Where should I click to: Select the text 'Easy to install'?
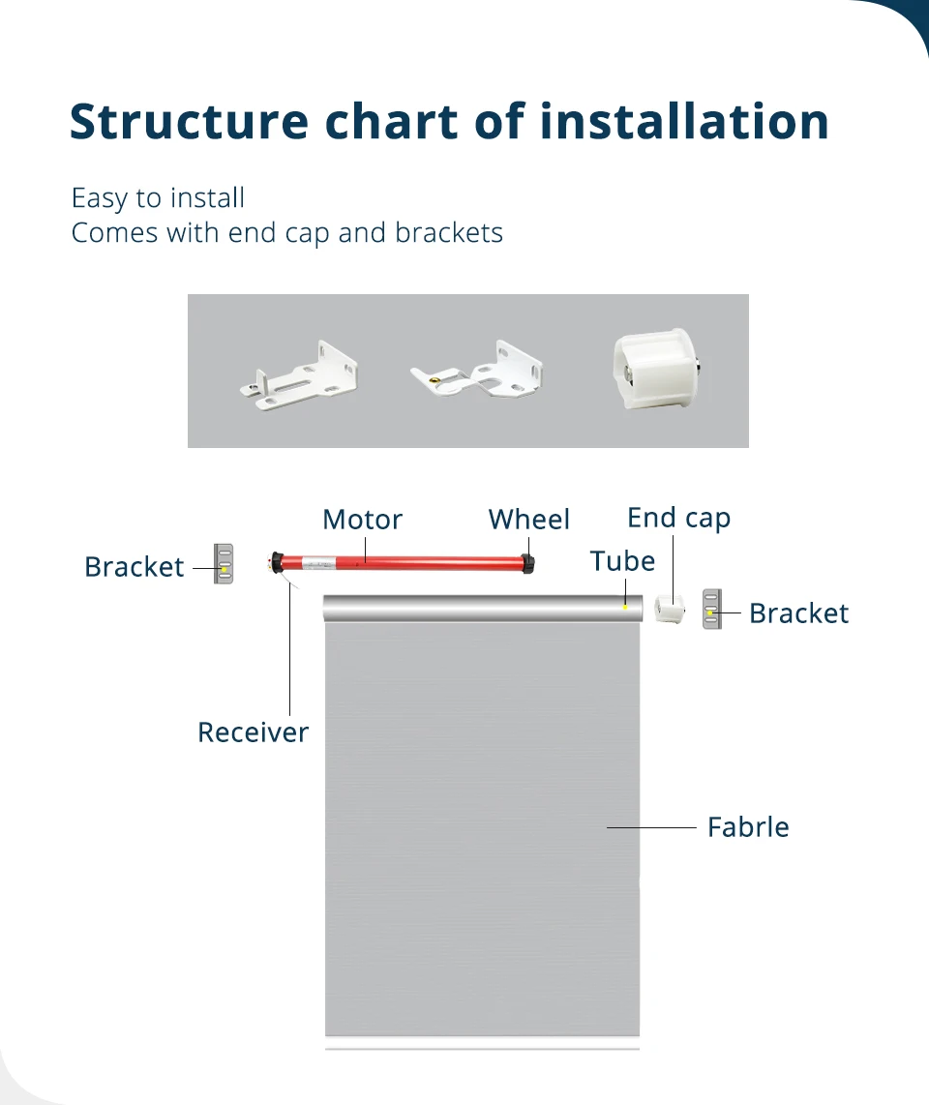[158, 198]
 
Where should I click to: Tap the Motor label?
[362, 520]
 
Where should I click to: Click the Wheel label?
[529, 520]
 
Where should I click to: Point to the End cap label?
[678, 518]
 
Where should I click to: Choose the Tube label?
[622, 561]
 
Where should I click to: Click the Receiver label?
[253, 732]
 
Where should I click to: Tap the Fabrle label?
[748, 827]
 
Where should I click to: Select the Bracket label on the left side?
[134, 567]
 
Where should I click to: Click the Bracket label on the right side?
[798, 613]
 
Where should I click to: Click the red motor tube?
[406, 561]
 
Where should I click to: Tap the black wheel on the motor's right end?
[529, 562]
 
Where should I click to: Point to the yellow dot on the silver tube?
[625, 607]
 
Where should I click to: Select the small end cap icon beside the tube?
[669, 609]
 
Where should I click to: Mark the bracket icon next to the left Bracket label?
[224, 563]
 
